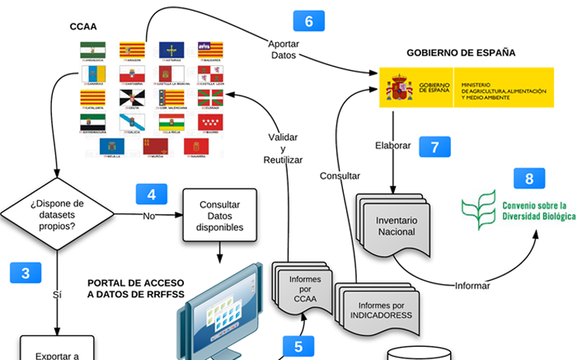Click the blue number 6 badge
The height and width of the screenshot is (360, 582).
[309, 21]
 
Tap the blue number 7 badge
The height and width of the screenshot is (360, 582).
[435, 147]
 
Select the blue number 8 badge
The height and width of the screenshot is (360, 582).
[529, 178]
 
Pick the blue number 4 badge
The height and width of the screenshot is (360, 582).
[151, 194]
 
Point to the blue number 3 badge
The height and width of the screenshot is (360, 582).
[26, 272]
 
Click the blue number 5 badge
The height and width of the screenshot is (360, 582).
[298, 346]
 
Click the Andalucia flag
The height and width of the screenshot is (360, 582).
[92, 50]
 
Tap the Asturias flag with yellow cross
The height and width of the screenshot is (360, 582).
[171, 50]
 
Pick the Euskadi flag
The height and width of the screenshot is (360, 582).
[210, 98]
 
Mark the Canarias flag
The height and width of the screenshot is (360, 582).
[92, 74]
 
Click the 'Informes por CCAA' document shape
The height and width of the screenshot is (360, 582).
[300, 288]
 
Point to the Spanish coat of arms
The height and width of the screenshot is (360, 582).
[400, 86]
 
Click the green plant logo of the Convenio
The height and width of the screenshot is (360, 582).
[477, 210]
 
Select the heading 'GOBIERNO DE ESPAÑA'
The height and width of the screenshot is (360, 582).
[461, 53]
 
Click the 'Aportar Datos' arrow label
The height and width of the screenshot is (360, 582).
[283, 50]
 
